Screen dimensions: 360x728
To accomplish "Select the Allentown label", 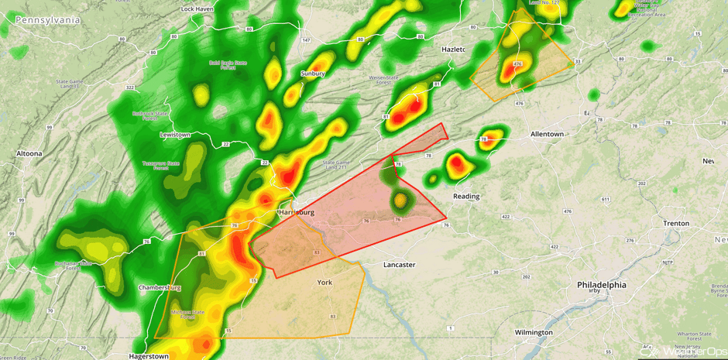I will click(547, 134).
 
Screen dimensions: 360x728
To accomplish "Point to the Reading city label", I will click(466, 196).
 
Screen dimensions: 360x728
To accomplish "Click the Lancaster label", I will click(400, 265).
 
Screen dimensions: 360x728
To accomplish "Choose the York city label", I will click(325, 283).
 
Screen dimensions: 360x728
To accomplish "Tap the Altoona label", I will click(29, 153).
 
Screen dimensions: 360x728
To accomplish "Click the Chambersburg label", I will click(159, 287).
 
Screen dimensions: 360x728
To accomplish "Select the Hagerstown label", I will click(149, 356).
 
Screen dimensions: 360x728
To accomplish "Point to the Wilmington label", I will click(534, 332).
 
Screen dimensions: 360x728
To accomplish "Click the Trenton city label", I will click(676, 223).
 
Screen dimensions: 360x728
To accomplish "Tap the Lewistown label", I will click(175, 135).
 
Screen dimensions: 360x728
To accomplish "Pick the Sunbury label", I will click(313, 74).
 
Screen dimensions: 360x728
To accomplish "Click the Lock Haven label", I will click(197, 9).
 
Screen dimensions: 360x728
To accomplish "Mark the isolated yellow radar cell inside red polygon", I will click(400, 201).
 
